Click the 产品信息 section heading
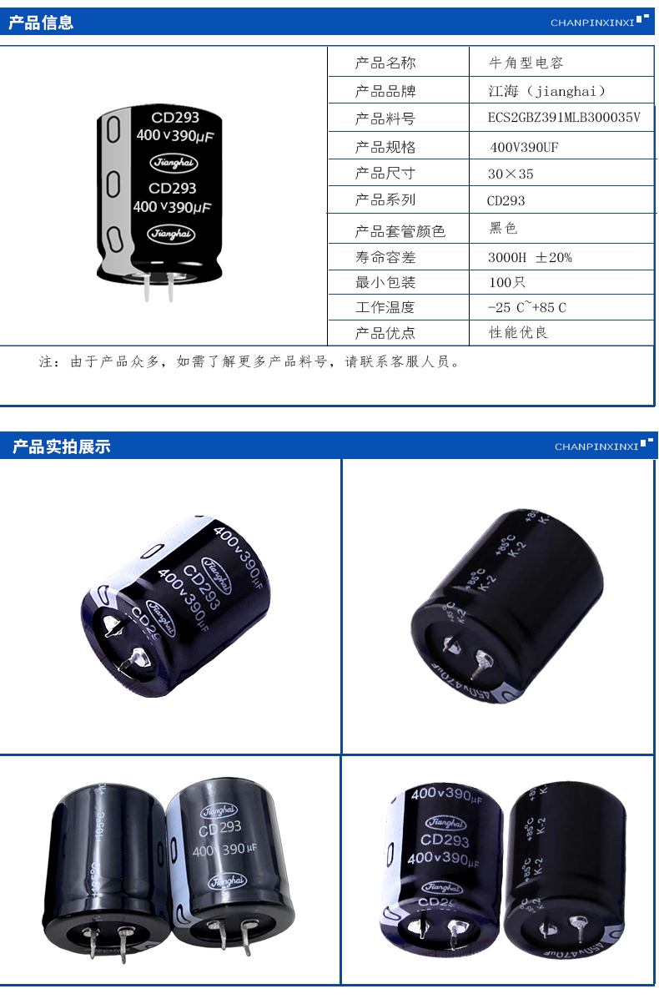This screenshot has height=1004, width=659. coord(41,23)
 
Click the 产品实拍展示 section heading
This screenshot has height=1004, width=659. coord(61,447)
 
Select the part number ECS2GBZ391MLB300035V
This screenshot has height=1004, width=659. coord(564,118)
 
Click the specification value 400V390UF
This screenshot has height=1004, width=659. coord(524,147)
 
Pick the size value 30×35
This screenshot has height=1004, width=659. coord(511,174)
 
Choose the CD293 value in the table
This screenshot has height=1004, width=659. coord(506,200)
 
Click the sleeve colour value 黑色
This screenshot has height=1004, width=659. coord(504,228)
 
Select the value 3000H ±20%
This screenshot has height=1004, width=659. coord(530,257)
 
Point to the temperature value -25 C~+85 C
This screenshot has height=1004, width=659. coord(527,307)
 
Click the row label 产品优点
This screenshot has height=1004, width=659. coord(385,333)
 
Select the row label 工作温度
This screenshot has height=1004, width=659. coord(385,307)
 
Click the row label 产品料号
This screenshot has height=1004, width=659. coord(385,118)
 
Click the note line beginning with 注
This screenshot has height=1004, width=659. coord(249,362)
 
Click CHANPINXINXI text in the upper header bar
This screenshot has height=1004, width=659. coord(592,23)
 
